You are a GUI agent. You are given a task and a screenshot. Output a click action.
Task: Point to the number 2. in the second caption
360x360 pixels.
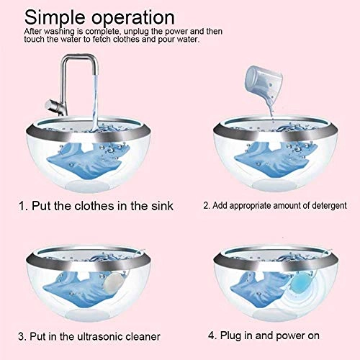point(206,205)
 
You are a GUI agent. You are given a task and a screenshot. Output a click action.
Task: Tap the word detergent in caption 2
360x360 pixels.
point(320,205)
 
